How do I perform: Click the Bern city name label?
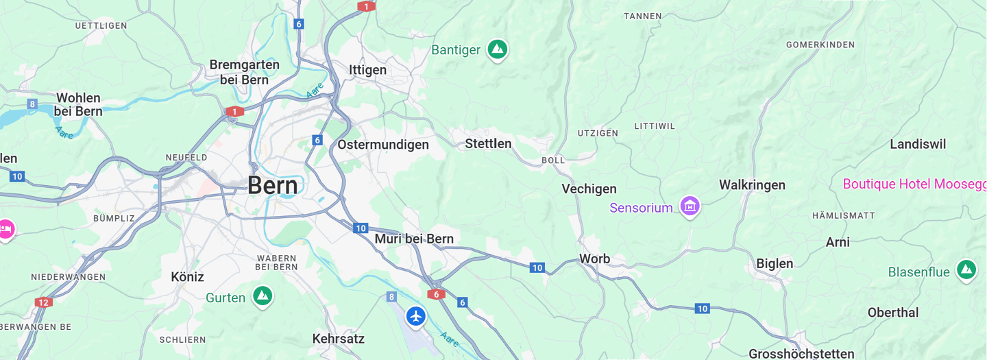pyautogui.click(x=273, y=185)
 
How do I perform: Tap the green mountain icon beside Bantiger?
pyautogui.click(x=497, y=49)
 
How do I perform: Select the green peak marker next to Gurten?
pyautogui.click(x=262, y=296)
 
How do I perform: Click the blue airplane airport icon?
pyautogui.click(x=415, y=316)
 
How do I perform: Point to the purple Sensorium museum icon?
pyautogui.click(x=690, y=206)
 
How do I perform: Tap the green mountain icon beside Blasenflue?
pyautogui.click(x=966, y=269)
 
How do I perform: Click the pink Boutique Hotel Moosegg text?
pyautogui.click(x=914, y=184)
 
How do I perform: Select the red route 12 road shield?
pyautogui.click(x=44, y=302)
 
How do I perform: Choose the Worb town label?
pyautogui.click(x=594, y=259)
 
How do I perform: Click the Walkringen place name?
pyautogui.click(x=752, y=184)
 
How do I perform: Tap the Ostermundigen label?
pyautogui.click(x=382, y=145)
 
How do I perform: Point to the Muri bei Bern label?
pyautogui.click(x=413, y=239)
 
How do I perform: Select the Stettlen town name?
pyautogui.click(x=488, y=143)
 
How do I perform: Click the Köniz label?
pyautogui.click(x=187, y=277)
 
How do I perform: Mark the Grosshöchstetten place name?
pyautogui.click(x=801, y=354)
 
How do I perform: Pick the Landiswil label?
pyautogui.click(x=918, y=144)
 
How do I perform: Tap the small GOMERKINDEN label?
pyautogui.click(x=820, y=45)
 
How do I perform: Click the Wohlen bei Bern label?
pyautogui.click(x=78, y=104)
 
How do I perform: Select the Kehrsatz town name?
pyautogui.click(x=338, y=339)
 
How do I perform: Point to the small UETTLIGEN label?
pyautogui.click(x=101, y=25)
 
